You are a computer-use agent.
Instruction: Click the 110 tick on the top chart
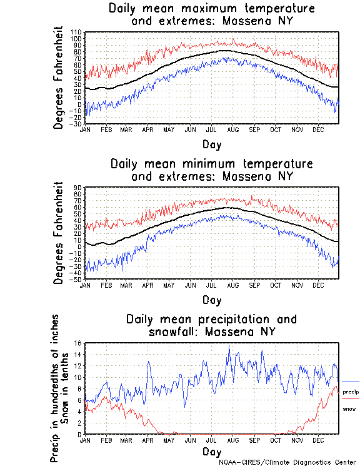coord(76,31)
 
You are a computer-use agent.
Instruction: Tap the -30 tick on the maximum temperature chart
coord(76,124)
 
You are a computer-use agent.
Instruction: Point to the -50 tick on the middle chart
coord(76,279)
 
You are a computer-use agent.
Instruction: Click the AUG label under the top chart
coord(232,129)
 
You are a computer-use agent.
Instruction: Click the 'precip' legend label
coord(351,392)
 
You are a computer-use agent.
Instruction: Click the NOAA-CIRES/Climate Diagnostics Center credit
coord(287,462)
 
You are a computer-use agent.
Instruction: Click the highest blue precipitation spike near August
coord(229,345)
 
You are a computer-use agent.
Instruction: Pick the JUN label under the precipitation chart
coord(190,440)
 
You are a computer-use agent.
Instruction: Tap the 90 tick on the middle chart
coord(78,186)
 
